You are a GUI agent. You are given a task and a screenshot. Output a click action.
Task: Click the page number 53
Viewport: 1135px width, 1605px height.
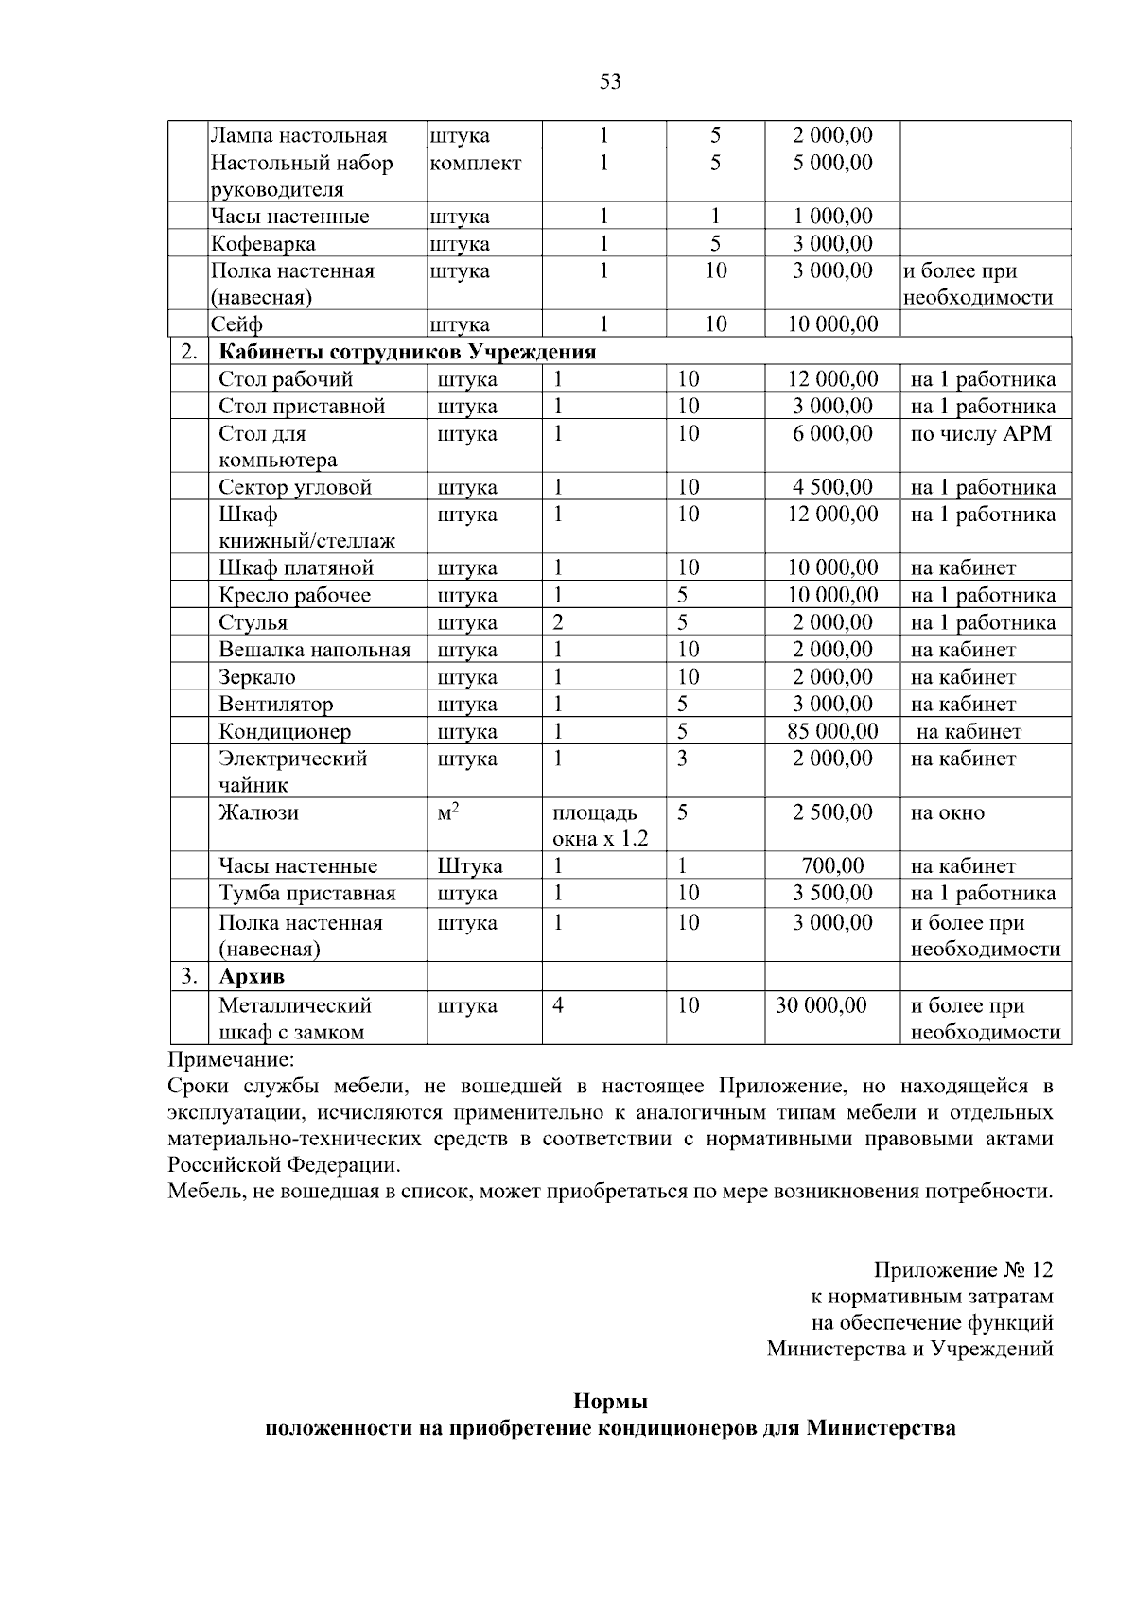tap(610, 82)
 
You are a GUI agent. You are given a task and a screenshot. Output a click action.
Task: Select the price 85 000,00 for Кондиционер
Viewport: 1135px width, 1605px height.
tap(832, 731)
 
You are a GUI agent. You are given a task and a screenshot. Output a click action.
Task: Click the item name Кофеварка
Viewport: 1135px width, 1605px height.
tap(263, 244)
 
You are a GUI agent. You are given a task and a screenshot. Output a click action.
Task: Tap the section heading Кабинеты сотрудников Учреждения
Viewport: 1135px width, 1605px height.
tap(408, 353)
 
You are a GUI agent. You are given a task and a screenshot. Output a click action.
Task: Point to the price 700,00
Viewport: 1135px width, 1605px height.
tap(832, 866)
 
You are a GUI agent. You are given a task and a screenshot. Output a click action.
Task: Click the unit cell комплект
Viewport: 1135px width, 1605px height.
tap(475, 164)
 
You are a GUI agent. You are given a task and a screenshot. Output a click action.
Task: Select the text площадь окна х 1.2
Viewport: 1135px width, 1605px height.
tap(600, 826)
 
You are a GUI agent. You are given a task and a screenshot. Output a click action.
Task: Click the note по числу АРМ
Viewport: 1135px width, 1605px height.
tap(981, 434)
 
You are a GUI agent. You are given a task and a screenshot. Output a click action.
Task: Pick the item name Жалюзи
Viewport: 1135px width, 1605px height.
tap(259, 812)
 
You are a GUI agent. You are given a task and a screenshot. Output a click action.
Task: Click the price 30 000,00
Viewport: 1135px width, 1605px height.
tap(821, 1005)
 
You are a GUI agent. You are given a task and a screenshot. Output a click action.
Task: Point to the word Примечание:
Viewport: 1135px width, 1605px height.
tap(232, 1059)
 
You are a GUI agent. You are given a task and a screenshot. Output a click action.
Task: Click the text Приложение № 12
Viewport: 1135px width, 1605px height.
tap(963, 1269)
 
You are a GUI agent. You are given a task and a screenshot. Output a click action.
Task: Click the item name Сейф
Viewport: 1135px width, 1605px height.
tap(236, 325)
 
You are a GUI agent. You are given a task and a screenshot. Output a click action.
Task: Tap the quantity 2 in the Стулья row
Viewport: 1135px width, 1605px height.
tap(558, 622)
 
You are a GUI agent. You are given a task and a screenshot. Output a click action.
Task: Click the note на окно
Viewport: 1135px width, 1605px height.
tap(947, 812)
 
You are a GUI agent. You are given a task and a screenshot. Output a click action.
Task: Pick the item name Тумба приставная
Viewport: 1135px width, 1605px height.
tap(307, 893)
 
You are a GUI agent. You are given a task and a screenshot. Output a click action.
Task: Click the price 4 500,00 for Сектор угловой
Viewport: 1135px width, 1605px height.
tap(832, 488)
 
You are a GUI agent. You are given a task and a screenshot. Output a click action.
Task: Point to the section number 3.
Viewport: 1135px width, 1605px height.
tap(188, 975)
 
